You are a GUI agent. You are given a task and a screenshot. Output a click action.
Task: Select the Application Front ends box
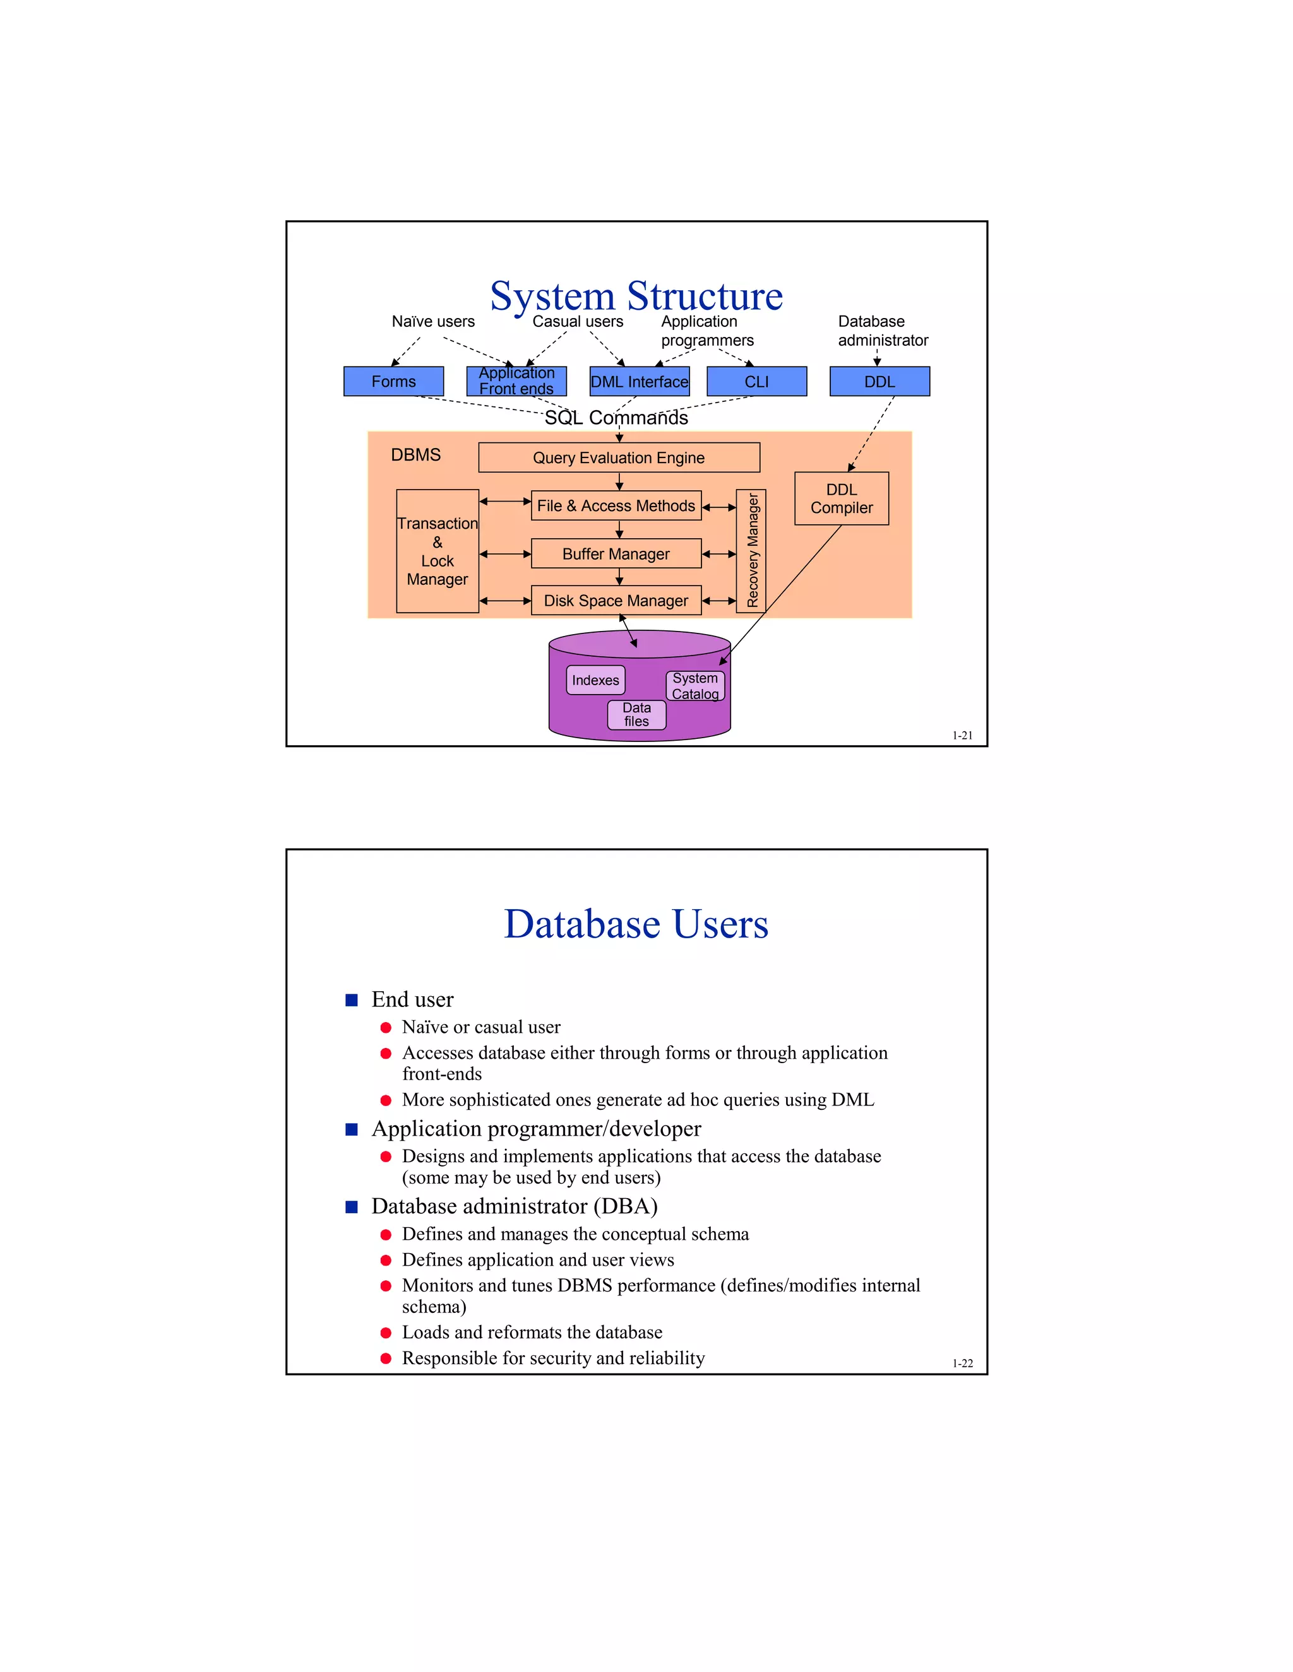coord(516,381)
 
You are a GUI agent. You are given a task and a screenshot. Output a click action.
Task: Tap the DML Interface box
coord(639,381)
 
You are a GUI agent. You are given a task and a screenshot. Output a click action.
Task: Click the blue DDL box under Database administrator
coord(879,381)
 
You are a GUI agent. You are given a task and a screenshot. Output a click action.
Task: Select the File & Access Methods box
coord(616,506)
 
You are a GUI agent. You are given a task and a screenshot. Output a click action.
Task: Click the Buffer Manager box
coord(616,553)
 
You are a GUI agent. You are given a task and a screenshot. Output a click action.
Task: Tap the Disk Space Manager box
coord(616,601)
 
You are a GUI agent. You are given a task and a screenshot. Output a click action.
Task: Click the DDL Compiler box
coord(841,498)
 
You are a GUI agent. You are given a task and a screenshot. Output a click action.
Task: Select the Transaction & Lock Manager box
coord(438,551)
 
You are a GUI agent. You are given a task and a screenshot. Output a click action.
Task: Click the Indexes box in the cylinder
coord(595,680)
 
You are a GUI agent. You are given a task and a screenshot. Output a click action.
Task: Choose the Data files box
coord(636,714)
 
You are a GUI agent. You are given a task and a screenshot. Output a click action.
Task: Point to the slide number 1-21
coord(962,736)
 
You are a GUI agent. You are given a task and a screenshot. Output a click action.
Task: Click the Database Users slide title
coord(636,924)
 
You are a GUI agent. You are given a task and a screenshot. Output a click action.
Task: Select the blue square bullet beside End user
coord(352,1000)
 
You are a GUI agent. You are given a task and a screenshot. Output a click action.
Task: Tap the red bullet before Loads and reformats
coord(386,1333)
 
